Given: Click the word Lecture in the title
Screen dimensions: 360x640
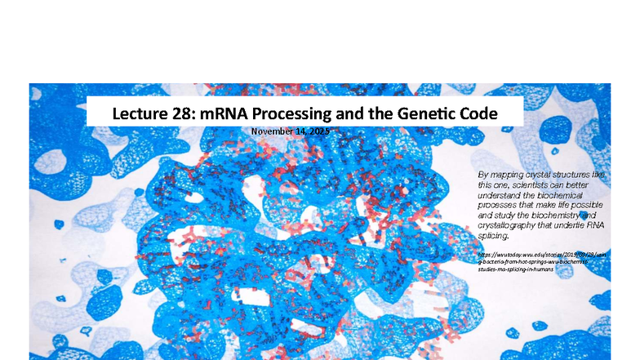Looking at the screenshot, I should [x=140, y=113].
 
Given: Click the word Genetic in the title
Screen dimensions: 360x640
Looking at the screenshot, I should [x=428, y=113].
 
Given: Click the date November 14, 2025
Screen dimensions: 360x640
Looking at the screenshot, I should [x=290, y=131].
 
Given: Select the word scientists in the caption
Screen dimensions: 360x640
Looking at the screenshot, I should [x=529, y=185].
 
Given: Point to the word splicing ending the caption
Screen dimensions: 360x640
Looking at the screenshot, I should [x=492, y=235].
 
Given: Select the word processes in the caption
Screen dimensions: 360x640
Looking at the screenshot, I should [x=500, y=205].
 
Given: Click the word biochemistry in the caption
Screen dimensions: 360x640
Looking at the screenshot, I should [x=559, y=215].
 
